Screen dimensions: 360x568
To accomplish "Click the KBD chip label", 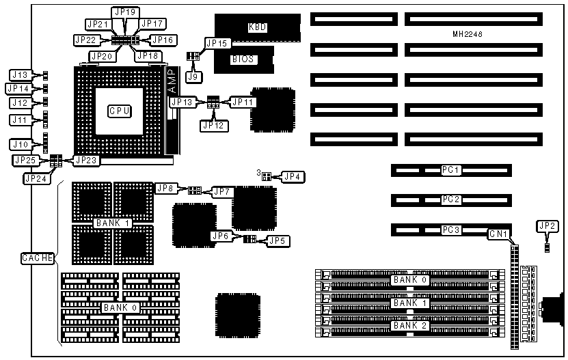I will pos(257,27).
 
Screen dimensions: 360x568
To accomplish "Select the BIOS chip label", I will pos(243,59).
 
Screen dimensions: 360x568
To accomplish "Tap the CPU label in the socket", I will pos(120,110).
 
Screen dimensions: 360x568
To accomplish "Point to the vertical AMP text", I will pos(172,81).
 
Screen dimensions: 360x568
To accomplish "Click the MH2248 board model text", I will pos(467,34).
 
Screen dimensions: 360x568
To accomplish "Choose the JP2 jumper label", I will pos(547,226).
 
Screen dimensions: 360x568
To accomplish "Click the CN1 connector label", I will pos(498,235).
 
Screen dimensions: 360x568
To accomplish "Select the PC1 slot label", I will pos(451,169).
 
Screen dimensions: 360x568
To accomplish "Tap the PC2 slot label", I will pos(451,200).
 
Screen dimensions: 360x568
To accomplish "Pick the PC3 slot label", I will pos(451,230).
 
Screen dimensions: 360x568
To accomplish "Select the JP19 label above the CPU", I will pos(126,12).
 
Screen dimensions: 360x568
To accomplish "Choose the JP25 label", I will pos(24,160).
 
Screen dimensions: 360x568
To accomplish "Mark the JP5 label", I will pos(277,240).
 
